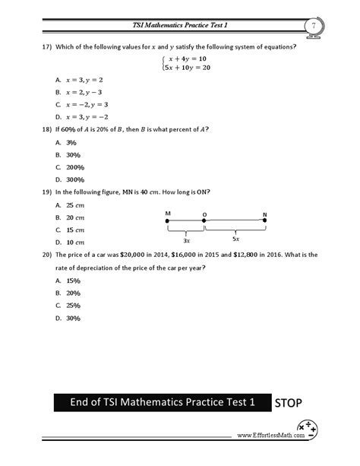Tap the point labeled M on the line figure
167,220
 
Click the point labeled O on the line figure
204,220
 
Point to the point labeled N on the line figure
264,220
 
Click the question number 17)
46,47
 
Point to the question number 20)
46,255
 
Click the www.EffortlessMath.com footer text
267,436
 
